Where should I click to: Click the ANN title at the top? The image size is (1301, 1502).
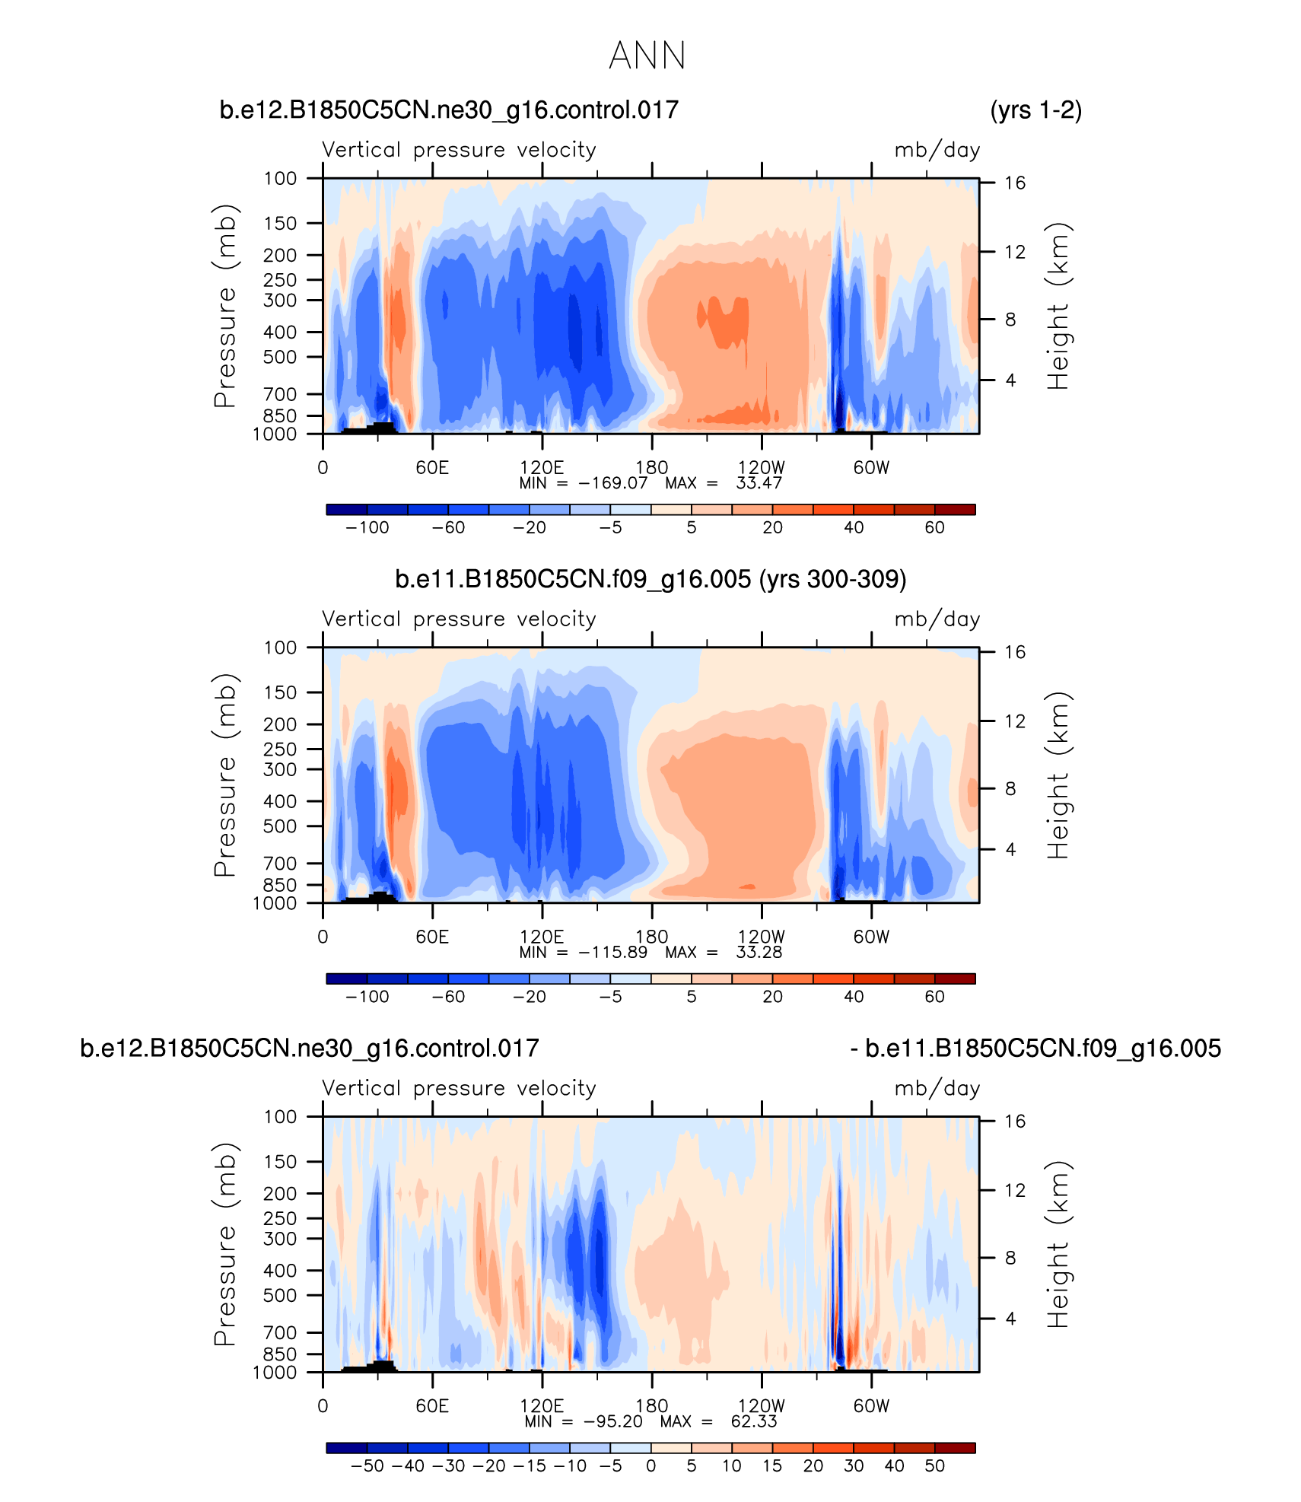pos(647,56)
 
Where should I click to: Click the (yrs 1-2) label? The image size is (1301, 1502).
pos(1035,110)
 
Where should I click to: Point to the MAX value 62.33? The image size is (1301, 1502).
pos(753,1421)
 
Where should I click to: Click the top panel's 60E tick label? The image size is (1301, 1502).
pos(432,467)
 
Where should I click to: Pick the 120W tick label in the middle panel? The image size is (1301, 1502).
pos(761,937)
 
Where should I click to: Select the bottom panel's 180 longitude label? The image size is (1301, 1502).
pos(651,1405)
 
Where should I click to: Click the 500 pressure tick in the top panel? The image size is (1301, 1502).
pos(281,357)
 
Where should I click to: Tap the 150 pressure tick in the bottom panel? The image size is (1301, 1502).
pos(281,1162)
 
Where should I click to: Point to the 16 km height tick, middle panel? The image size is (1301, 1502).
pos(1015,652)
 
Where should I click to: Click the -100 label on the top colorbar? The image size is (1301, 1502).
pos(367,528)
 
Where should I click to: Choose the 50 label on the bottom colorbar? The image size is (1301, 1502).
pos(934,1466)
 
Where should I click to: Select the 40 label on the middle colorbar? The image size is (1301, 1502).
pos(854,997)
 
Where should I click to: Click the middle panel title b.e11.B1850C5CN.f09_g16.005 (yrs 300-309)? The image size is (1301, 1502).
pos(650,580)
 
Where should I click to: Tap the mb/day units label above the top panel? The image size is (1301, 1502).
pos(937,150)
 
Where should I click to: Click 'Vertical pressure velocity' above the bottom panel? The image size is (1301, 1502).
pos(459,1088)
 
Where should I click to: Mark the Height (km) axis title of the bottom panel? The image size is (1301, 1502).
pos(1058,1244)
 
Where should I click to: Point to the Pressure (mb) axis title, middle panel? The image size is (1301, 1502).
pos(225,775)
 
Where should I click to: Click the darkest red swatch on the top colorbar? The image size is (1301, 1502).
pos(955,510)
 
